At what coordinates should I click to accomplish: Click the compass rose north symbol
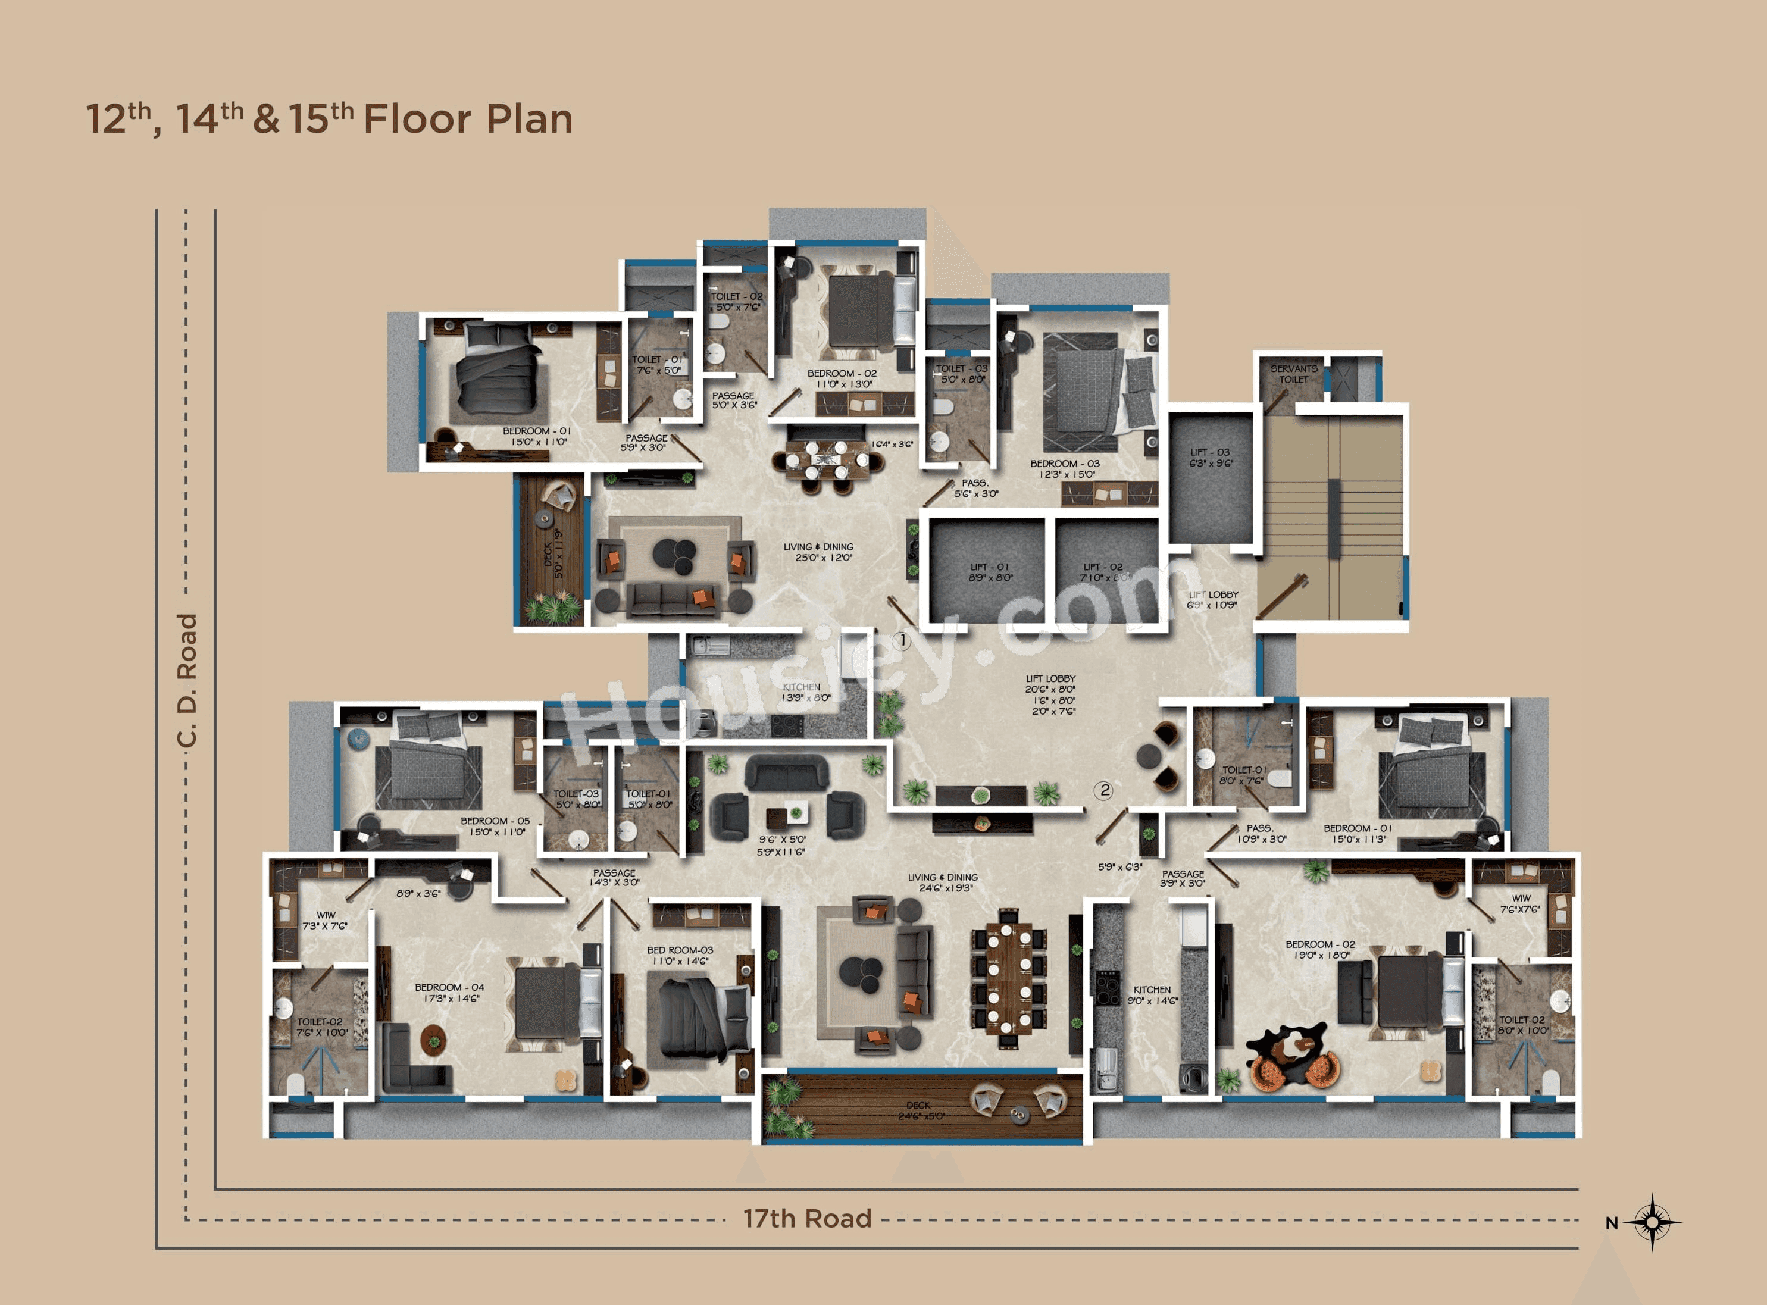tap(1652, 1222)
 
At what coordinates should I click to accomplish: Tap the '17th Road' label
tap(807, 1219)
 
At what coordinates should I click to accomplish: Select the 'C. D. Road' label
tap(186, 680)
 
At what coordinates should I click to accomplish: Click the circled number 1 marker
tap(901, 641)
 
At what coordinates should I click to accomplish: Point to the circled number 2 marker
tap(1104, 790)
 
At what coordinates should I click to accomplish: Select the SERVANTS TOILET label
tap(1293, 374)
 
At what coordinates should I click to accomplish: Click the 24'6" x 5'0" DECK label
tap(920, 1110)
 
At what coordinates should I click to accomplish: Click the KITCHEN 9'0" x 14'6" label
tap(1152, 994)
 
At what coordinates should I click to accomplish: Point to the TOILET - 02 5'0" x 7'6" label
tap(736, 302)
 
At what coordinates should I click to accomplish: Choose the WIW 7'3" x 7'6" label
tap(326, 921)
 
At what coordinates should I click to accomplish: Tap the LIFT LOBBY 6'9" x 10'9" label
tap(1214, 600)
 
